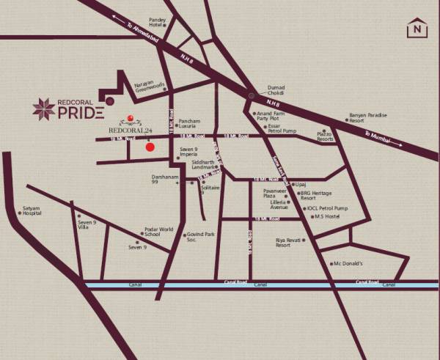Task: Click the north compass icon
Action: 417,29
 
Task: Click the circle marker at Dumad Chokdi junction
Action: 251,94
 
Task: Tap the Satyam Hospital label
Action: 32,210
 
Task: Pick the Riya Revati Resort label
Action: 288,242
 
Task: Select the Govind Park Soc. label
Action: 199,237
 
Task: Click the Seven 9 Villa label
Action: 87,224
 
